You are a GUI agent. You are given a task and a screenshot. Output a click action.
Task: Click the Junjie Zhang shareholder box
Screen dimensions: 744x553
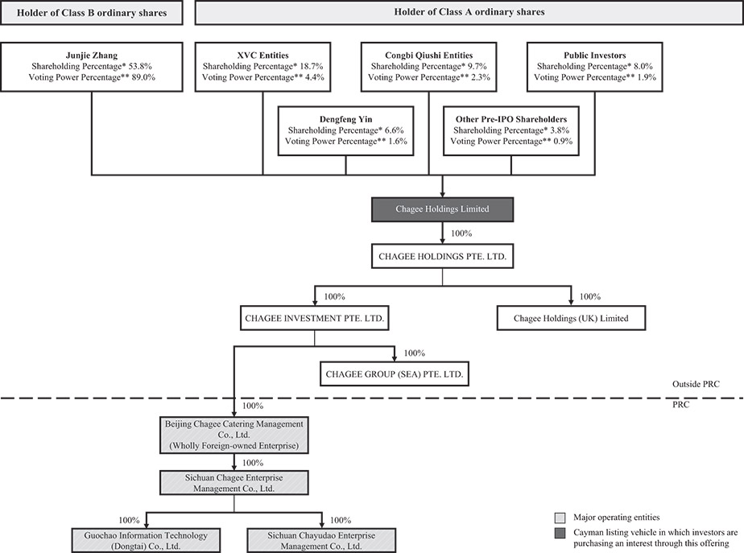click(92, 67)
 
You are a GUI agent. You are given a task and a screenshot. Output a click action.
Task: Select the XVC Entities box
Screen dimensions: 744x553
click(262, 67)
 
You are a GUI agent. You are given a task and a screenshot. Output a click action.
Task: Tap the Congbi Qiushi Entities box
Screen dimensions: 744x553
click(429, 67)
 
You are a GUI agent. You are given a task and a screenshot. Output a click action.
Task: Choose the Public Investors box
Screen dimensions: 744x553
click(594, 67)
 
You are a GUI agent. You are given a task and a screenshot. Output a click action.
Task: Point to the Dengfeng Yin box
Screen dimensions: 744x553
click(346, 131)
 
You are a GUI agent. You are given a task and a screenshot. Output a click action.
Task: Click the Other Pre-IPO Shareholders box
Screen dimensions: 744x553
click(511, 131)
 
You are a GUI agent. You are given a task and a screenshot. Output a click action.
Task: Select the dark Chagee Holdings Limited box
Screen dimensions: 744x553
click(442, 209)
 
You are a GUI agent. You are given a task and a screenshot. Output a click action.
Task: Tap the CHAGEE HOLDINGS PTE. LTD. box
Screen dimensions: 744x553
click(442, 256)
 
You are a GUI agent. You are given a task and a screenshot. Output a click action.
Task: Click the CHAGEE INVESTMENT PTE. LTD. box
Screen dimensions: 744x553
click(315, 318)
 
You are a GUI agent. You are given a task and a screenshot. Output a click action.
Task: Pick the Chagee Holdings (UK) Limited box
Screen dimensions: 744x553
click(572, 318)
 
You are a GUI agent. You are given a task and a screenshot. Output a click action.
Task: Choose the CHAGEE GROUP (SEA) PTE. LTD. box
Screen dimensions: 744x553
click(395, 373)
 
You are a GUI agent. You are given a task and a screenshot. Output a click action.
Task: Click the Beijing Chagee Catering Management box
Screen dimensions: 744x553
click(234, 435)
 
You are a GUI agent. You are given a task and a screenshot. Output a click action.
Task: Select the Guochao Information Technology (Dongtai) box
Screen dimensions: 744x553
click(146, 541)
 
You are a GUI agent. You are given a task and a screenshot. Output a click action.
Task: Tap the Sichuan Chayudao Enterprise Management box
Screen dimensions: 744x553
click(321, 541)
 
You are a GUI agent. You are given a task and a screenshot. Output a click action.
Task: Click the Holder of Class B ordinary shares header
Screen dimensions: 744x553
click(92, 13)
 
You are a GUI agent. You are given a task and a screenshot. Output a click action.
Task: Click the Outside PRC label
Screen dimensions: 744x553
click(696, 384)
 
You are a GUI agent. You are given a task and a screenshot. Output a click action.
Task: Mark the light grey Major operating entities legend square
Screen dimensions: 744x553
click(560, 518)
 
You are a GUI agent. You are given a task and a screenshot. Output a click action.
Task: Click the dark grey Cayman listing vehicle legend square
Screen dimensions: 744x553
click(560, 533)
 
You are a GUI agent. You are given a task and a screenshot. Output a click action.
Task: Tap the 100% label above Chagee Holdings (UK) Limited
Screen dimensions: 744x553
click(589, 296)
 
